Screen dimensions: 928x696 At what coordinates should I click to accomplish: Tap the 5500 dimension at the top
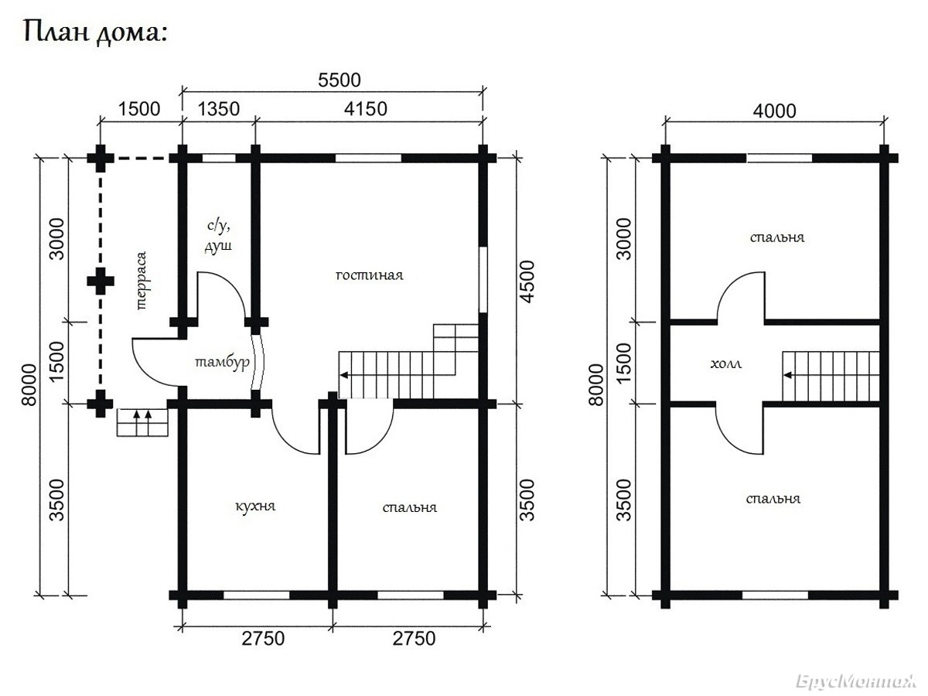(x=339, y=80)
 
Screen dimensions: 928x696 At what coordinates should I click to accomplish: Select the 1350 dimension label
(x=219, y=109)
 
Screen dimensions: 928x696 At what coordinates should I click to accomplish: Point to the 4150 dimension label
(x=365, y=109)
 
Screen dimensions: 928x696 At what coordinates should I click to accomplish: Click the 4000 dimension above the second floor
(x=775, y=111)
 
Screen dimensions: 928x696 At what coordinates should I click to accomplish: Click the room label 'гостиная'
(x=370, y=275)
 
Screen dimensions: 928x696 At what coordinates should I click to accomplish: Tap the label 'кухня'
(x=255, y=506)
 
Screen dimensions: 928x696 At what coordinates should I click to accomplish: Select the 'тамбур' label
(x=222, y=363)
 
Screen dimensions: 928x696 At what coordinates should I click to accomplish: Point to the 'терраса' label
(x=142, y=281)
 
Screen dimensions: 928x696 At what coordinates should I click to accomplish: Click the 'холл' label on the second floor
(x=726, y=363)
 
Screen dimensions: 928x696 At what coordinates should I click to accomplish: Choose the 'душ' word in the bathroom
(x=218, y=246)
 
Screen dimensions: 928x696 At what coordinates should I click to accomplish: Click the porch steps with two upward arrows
(x=142, y=421)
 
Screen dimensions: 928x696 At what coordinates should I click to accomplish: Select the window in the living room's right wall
(x=483, y=280)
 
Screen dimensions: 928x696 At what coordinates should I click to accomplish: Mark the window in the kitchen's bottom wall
(x=256, y=595)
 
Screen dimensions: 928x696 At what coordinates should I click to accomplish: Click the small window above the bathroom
(x=219, y=158)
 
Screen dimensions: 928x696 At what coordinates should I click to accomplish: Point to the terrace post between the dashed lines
(x=101, y=281)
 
